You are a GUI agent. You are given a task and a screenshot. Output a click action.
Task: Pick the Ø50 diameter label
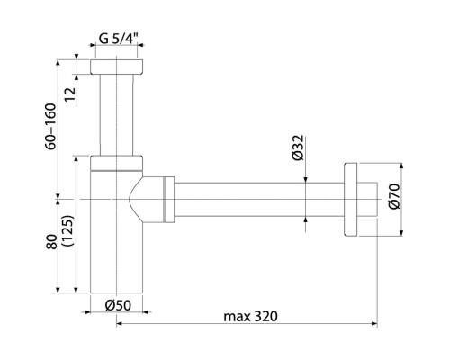coord(117,304)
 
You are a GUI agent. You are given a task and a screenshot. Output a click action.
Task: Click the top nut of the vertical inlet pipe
coord(118,68)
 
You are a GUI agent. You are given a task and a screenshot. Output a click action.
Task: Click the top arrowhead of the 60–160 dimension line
coord(60,62)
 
